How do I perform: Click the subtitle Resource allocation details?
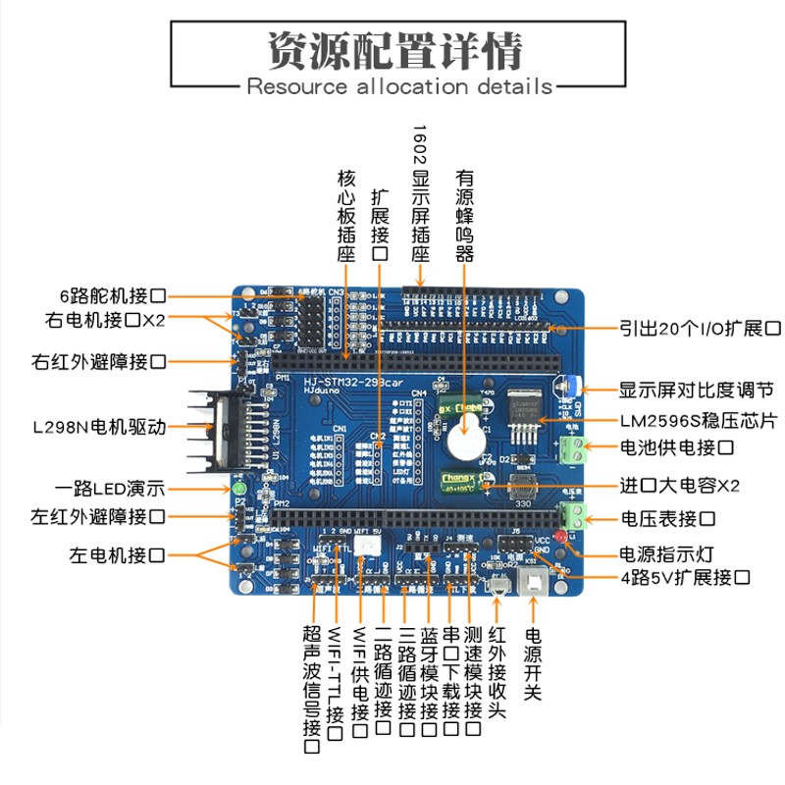pyautogui.click(x=399, y=86)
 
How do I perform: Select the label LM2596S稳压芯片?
pyautogui.click(x=698, y=421)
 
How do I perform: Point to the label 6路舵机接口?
pyautogui.click(x=111, y=295)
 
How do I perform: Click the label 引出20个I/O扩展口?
pyautogui.click(x=700, y=328)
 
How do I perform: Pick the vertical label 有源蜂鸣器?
pyautogui.click(x=464, y=216)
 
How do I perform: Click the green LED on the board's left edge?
pyautogui.click(x=238, y=488)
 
